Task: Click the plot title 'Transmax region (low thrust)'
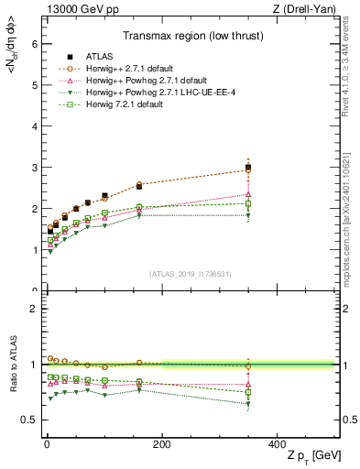pos(189,38)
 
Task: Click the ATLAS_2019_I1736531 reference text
pos(190,274)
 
